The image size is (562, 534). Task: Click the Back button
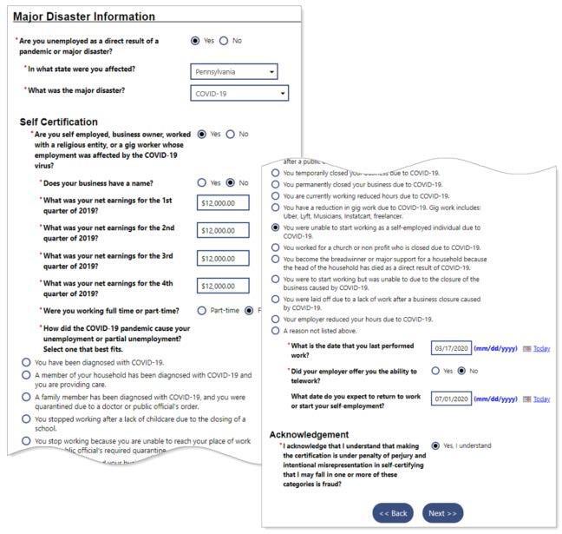(x=392, y=513)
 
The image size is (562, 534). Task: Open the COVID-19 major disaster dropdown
(x=239, y=93)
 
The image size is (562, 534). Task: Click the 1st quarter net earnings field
(x=223, y=203)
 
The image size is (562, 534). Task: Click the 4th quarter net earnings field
(x=223, y=286)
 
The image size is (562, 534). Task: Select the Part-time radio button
(x=202, y=310)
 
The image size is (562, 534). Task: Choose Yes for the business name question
(x=202, y=182)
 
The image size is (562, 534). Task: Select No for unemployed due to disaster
(x=224, y=41)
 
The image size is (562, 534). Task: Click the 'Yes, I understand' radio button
(x=435, y=446)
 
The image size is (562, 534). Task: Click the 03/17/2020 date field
(x=450, y=348)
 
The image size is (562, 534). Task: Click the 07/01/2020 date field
(x=450, y=399)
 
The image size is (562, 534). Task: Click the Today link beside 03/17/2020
(x=541, y=349)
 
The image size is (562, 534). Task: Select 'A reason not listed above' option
(x=276, y=331)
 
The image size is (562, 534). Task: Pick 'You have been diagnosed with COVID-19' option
(x=26, y=362)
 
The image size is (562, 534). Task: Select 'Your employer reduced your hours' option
(x=276, y=319)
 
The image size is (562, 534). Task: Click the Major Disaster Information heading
(x=84, y=16)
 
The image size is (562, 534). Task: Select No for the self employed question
(x=231, y=134)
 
